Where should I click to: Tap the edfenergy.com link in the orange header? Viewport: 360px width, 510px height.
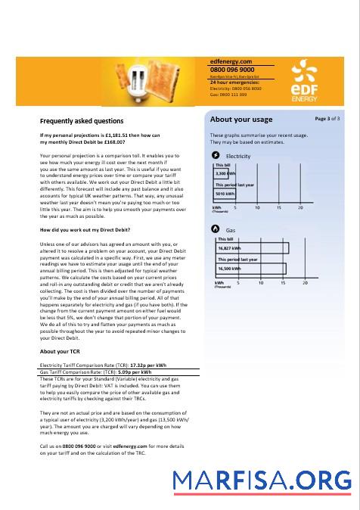(x=231, y=61)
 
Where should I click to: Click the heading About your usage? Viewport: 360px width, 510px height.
(x=241, y=120)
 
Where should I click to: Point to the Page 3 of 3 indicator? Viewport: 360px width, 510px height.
(x=327, y=119)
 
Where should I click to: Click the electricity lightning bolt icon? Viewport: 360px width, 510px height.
(x=218, y=155)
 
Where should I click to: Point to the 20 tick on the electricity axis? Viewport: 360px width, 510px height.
(x=300, y=207)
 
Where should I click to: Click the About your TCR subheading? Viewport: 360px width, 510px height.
(x=60, y=351)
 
